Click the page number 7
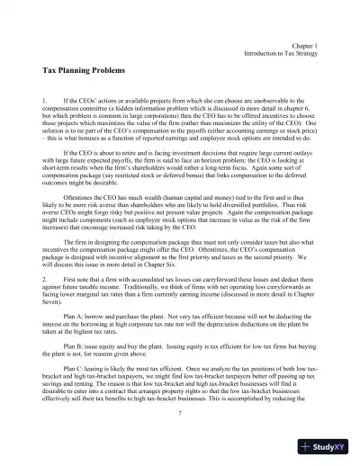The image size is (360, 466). click(181, 412)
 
